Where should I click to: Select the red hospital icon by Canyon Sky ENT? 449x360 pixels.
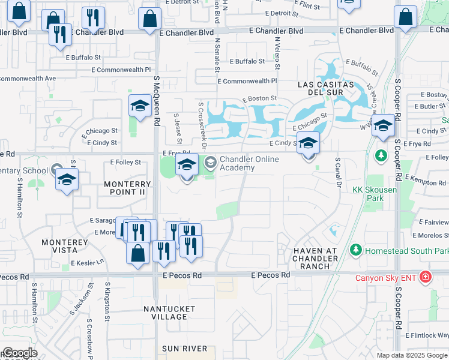(426, 277)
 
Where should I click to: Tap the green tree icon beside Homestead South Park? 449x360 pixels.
(355, 249)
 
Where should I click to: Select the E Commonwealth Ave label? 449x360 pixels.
(28, 78)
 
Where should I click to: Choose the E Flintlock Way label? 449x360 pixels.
(426, 335)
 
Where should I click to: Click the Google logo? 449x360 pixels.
(20, 353)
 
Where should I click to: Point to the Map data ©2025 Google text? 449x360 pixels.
(412, 355)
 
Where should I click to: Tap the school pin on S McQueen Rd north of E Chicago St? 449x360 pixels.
(139, 108)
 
